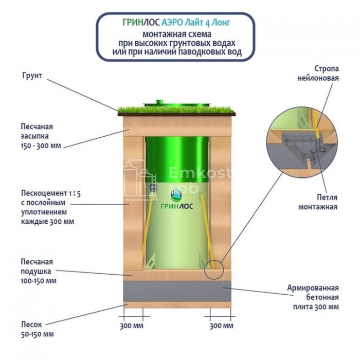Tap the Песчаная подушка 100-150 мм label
[39, 271]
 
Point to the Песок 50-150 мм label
[37, 330]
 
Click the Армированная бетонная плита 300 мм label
[313, 297]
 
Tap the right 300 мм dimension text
[221, 326]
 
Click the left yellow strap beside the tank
[148, 226]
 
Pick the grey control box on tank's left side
[152, 188]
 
